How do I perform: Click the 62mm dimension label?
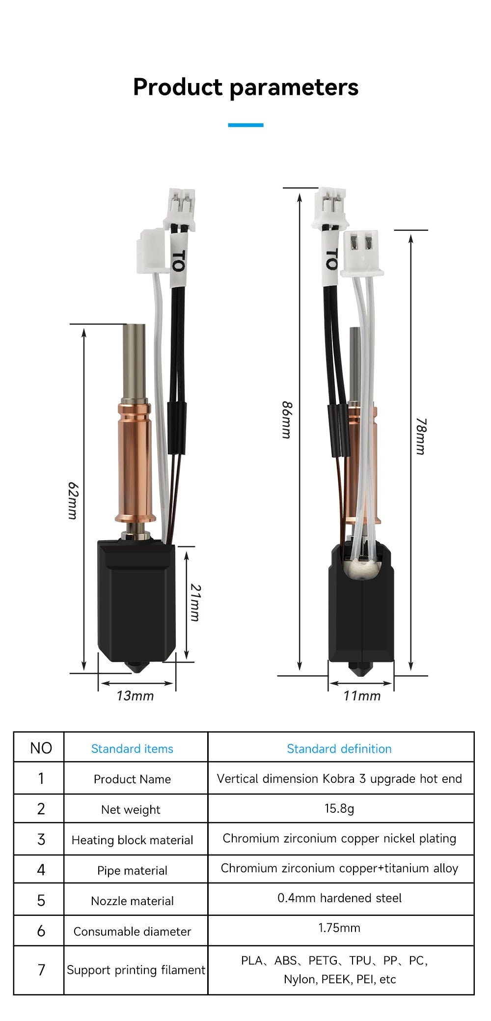[x=73, y=500]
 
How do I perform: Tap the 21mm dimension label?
[x=195, y=603]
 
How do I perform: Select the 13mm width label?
[x=135, y=696]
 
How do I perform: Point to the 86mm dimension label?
[x=287, y=420]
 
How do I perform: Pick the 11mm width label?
[x=362, y=696]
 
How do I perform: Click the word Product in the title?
[x=178, y=87]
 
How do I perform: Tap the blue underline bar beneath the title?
[x=245, y=125]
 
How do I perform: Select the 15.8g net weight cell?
[x=339, y=808]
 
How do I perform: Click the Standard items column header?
[x=132, y=749]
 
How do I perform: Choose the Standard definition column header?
[x=339, y=749]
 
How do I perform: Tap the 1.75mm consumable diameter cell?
[x=339, y=928]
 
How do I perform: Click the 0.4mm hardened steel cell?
[x=339, y=898]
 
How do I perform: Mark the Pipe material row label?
[x=132, y=870]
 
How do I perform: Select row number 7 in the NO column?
[x=41, y=970]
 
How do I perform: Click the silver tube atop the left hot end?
[x=134, y=361]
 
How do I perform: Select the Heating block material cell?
[x=132, y=840]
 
